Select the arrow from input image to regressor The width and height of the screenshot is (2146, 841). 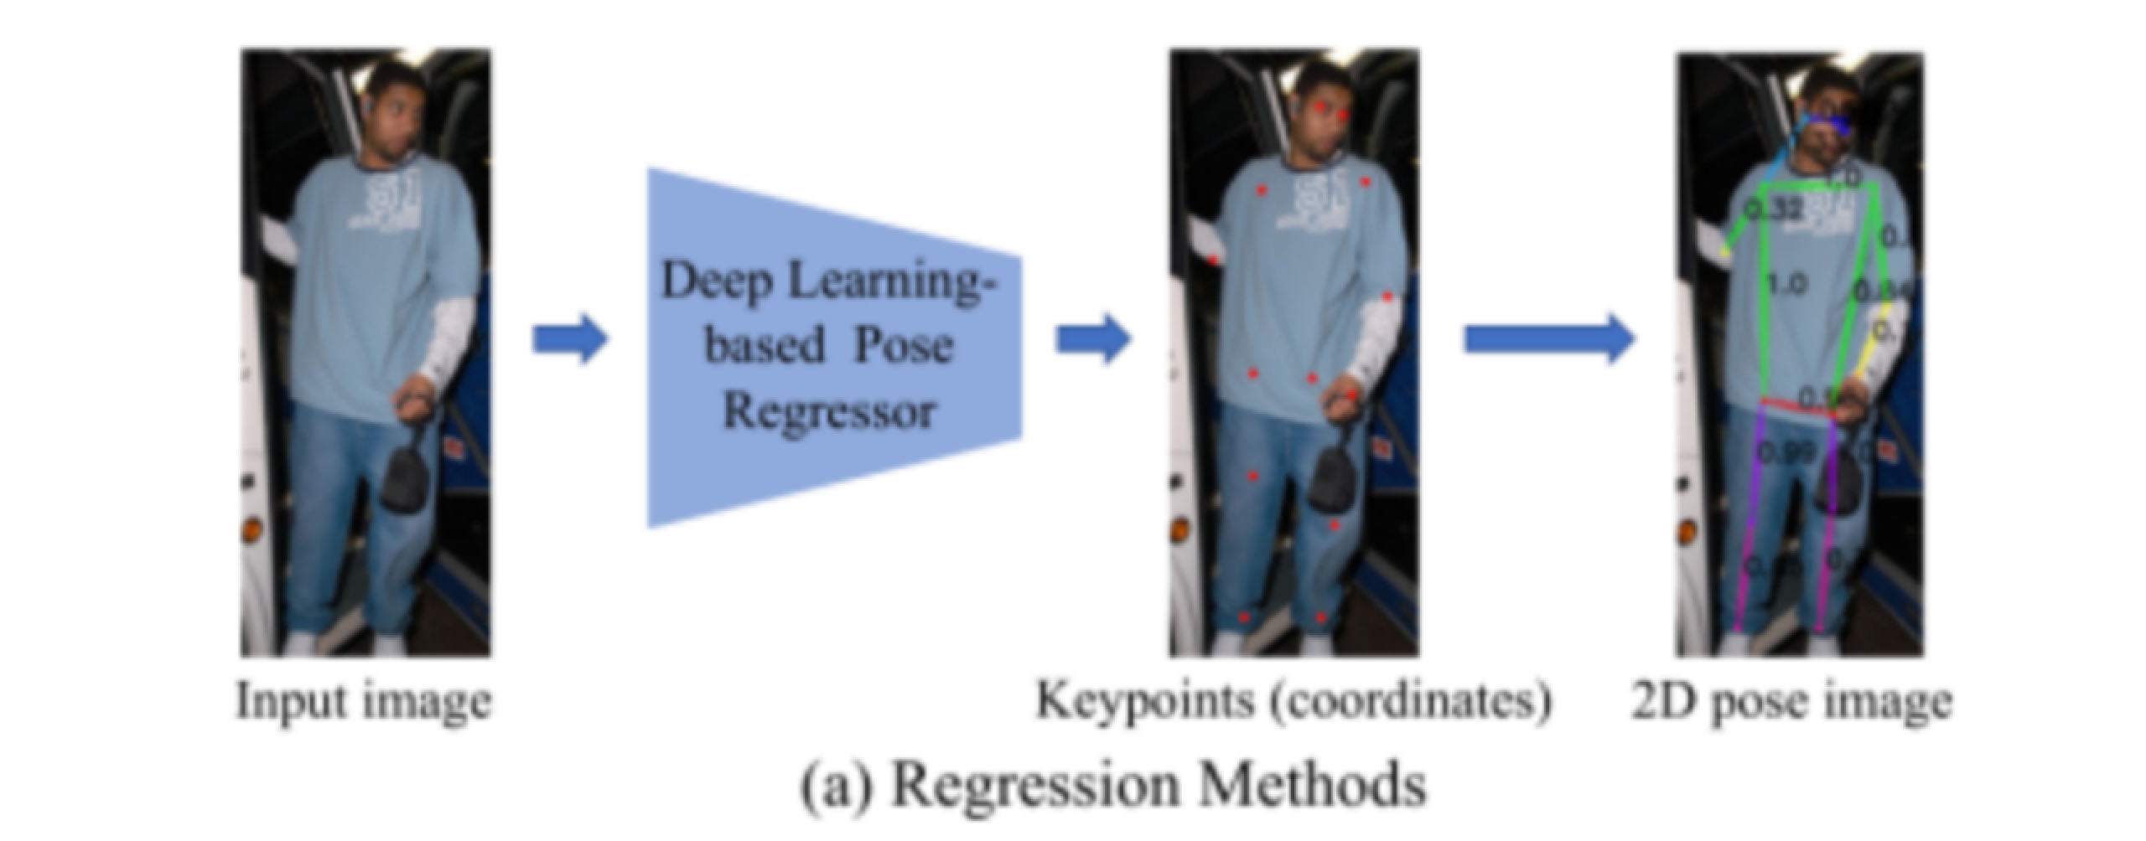tap(570, 339)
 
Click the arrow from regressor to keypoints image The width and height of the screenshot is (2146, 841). tap(1092, 339)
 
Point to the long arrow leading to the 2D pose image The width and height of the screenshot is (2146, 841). tap(1547, 339)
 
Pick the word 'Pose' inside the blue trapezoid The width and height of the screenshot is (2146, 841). tap(903, 345)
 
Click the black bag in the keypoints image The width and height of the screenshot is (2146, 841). tap(1331, 477)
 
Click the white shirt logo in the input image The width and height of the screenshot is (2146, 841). tap(394, 201)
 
